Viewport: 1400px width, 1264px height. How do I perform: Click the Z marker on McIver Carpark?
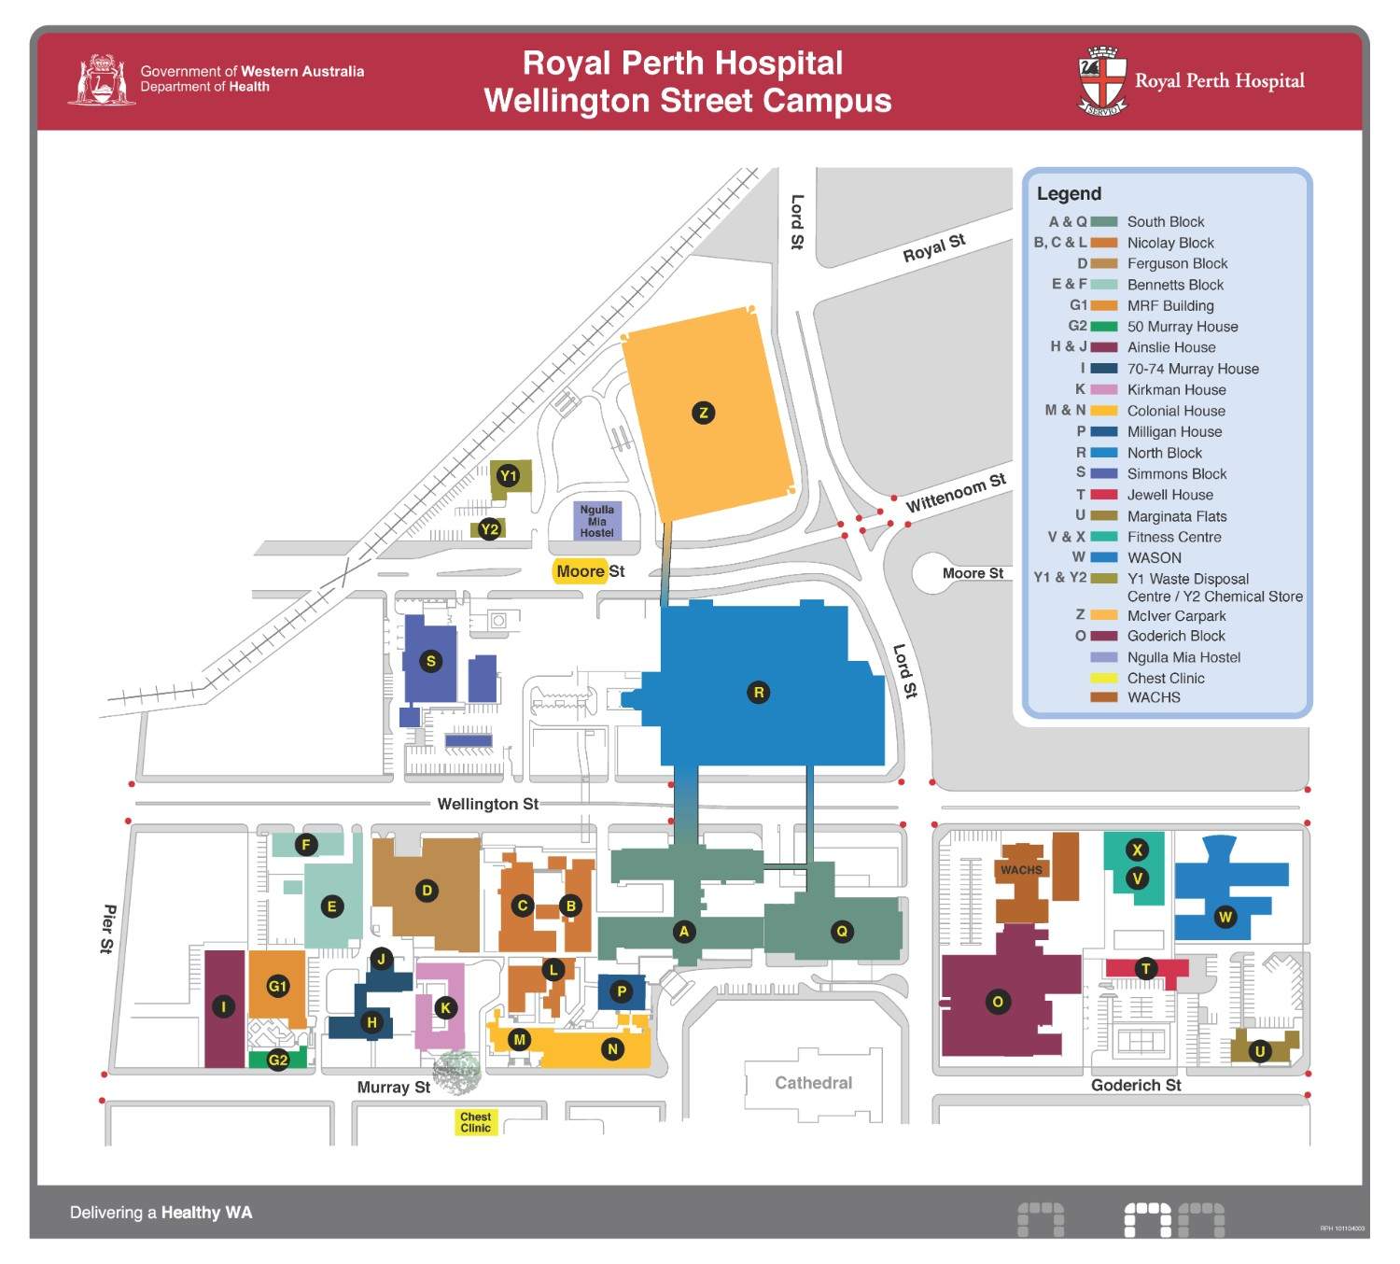click(703, 413)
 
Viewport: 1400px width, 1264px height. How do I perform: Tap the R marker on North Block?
click(758, 693)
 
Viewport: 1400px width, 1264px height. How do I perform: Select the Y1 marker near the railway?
click(508, 476)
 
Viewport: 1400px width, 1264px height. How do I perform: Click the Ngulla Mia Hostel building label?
click(597, 521)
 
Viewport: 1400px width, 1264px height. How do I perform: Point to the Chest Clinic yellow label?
click(475, 1122)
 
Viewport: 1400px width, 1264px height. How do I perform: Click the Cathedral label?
click(813, 1083)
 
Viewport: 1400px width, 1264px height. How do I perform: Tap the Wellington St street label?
click(487, 804)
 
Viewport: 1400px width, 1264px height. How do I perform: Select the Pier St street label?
click(108, 929)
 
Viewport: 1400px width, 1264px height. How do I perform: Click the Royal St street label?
click(933, 248)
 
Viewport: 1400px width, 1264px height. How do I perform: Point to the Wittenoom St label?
click(956, 492)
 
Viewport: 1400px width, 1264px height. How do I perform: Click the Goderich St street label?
click(1136, 1085)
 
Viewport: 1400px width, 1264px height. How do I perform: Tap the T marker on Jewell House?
click(1146, 969)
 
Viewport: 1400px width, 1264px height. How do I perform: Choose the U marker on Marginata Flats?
click(1260, 1052)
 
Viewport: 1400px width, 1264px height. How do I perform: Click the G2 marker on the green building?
click(278, 1060)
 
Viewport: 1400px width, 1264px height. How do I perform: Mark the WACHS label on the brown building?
click(1021, 870)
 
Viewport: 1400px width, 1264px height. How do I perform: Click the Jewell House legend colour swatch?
click(1104, 495)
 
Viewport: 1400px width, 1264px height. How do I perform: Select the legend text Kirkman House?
click(1176, 390)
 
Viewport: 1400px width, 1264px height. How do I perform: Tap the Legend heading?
click(1069, 194)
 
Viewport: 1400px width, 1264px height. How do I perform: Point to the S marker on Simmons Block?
click(430, 662)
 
